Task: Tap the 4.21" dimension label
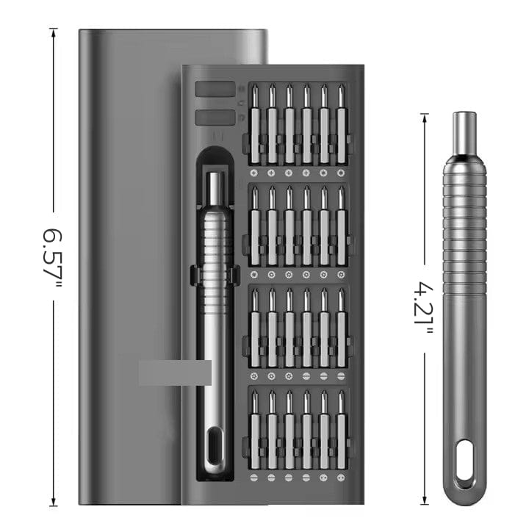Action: tap(424, 309)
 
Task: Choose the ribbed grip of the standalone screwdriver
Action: tap(464, 228)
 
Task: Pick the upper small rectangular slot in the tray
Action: tap(215, 90)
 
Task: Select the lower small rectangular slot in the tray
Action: tap(215, 117)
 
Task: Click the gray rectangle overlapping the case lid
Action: tap(175, 373)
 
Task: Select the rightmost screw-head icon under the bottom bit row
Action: tap(341, 477)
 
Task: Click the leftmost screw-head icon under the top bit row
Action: tap(254, 173)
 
